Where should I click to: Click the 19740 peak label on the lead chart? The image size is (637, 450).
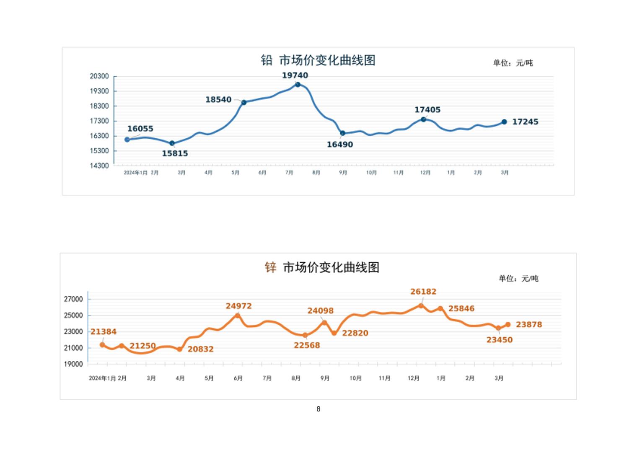click(295, 75)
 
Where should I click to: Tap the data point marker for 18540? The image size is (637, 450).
click(244, 102)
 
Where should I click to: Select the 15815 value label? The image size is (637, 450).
click(175, 153)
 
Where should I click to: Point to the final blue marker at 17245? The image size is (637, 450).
click(504, 122)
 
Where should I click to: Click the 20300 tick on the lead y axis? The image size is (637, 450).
click(99, 76)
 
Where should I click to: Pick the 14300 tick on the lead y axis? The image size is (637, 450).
click(99, 166)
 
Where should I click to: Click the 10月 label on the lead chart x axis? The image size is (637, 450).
click(371, 173)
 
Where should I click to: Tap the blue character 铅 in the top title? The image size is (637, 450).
click(267, 60)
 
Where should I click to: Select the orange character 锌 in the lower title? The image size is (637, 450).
click(271, 267)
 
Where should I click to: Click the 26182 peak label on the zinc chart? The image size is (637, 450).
click(423, 292)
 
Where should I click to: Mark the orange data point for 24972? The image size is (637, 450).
click(238, 316)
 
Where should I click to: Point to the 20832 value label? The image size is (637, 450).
click(200, 349)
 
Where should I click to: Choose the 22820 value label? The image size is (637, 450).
click(355, 333)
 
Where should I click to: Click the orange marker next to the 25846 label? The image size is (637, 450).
click(440, 309)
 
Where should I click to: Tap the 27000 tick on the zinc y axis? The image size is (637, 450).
click(73, 299)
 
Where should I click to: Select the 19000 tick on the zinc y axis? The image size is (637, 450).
click(73, 364)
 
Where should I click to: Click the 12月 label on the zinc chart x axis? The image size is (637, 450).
click(413, 378)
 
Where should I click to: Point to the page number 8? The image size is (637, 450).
click(318, 409)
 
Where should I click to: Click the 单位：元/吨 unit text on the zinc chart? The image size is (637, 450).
click(518, 279)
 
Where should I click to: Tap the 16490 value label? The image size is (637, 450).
click(339, 145)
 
